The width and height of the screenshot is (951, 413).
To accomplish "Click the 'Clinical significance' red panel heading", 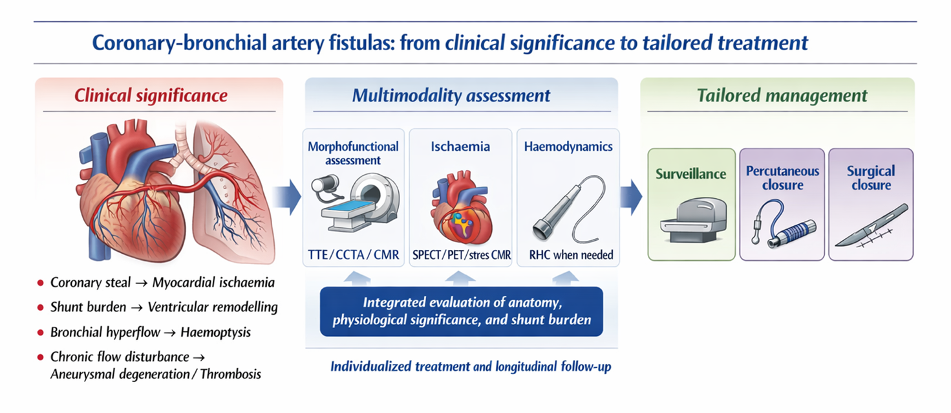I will tap(151, 96).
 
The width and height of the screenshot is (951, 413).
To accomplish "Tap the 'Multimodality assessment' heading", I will tap(451, 96).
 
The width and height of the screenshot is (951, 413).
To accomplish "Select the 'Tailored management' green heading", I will tap(782, 96).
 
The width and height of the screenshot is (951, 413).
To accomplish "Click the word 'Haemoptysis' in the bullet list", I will tap(216, 333).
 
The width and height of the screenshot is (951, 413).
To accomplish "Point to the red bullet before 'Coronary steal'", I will tap(41, 283).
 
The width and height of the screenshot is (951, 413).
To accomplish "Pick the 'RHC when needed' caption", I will tap(568, 255).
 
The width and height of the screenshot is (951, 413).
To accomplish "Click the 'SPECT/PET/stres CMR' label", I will tap(461, 255).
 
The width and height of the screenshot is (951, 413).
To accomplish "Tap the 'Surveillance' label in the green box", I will tap(691, 173).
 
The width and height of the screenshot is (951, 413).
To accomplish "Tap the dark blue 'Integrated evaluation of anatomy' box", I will tap(461, 311).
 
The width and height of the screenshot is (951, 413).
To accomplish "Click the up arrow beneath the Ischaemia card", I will tap(461, 277).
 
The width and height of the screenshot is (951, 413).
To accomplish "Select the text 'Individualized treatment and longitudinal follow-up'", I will tap(471, 366).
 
